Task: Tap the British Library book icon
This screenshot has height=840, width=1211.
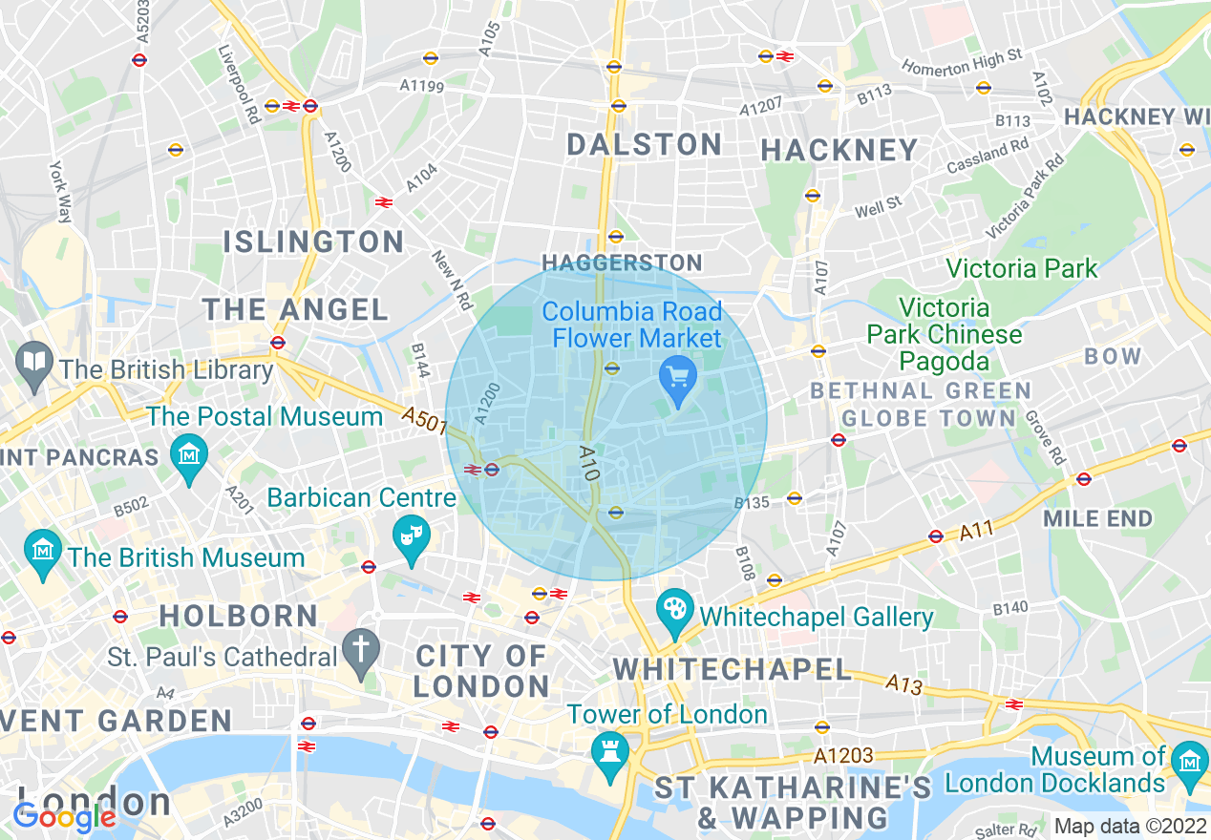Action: (x=35, y=365)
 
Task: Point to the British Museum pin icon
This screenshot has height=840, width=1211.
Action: (x=44, y=553)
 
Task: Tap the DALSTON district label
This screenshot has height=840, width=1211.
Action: (x=645, y=145)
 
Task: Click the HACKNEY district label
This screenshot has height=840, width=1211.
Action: (x=839, y=150)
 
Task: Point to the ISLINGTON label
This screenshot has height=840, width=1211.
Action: (x=313, y=241)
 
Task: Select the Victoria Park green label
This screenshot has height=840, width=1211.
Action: (x=1022, y=268)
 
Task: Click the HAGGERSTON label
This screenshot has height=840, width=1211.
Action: (x=621, y=262)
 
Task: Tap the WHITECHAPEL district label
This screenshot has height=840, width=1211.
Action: (x=732, y=669)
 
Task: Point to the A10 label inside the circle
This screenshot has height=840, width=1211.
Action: (x=588, y=462)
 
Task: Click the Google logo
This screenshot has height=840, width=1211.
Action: (x=65, y=817)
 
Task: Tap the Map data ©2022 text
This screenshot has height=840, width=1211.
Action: (x=1130, y=826)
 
